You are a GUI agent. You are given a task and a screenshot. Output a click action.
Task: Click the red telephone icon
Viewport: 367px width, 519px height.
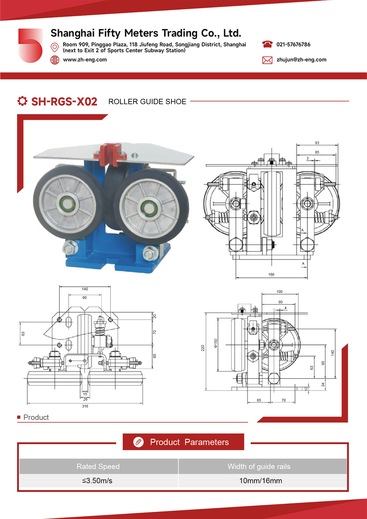pos(267,44)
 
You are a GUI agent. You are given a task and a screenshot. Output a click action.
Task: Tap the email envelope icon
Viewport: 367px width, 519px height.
pos(267,60)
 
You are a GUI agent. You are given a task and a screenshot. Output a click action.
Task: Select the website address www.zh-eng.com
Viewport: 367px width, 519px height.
pos(85,59)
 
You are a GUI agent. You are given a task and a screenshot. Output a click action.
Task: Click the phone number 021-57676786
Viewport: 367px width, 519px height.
pos(293,44)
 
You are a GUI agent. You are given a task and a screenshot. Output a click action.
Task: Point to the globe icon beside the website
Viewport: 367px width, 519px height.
pos(55,60)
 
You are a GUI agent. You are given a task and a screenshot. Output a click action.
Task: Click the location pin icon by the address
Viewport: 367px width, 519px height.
pos(55,47)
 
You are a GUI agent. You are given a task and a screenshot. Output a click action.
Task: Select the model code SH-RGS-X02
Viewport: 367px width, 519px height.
pos(64,101)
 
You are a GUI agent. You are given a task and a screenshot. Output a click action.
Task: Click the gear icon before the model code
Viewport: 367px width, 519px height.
pos(22,101)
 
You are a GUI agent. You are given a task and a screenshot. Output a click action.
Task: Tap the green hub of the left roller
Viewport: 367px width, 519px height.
pos(67,204)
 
